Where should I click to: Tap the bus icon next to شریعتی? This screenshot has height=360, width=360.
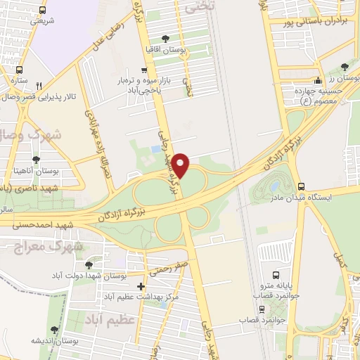coord(43,11)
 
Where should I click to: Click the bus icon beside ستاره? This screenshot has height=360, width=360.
coord(18,70)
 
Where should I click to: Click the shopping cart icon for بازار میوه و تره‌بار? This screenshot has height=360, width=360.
coord(144,70)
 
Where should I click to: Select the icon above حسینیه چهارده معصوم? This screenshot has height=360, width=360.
coord(319,80)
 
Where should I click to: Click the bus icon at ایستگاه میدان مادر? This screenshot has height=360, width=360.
coord(302,186)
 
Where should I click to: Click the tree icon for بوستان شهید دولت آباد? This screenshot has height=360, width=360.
coord(89,265)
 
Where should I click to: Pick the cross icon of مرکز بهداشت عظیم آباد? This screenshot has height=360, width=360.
coord(141,286)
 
